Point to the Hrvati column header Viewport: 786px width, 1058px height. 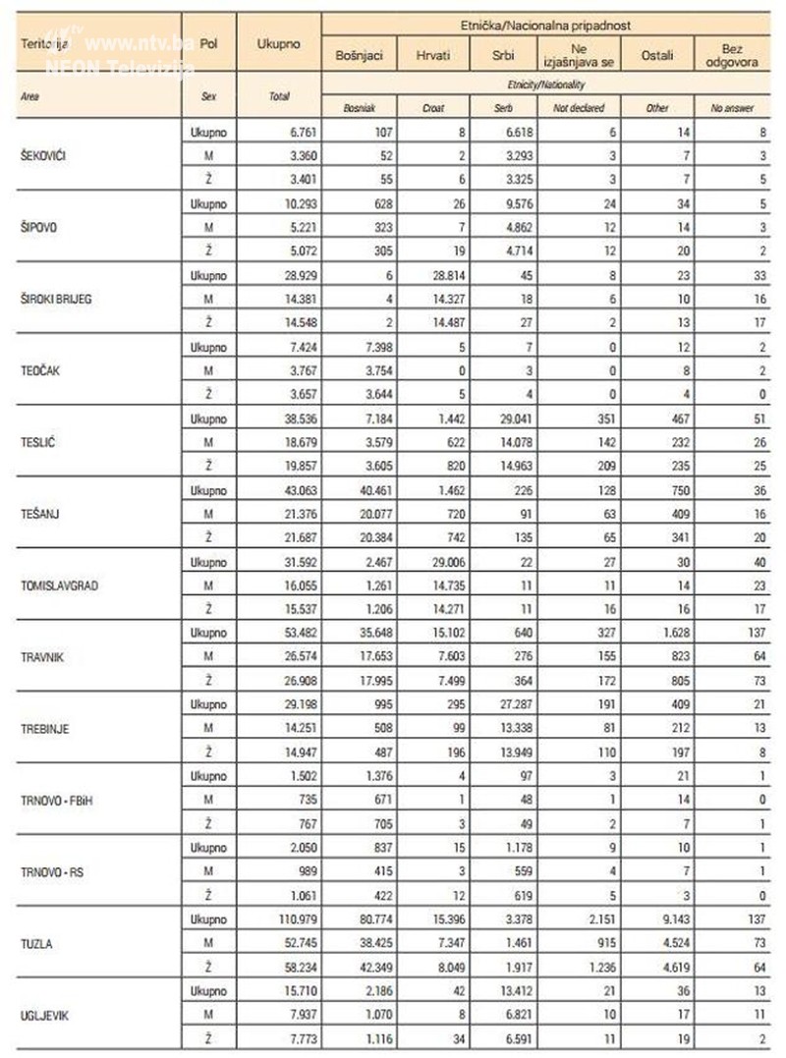pyautogui.click(x=432, y=56)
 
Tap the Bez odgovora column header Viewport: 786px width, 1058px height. pyautogui.click(x=731, y=56)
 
